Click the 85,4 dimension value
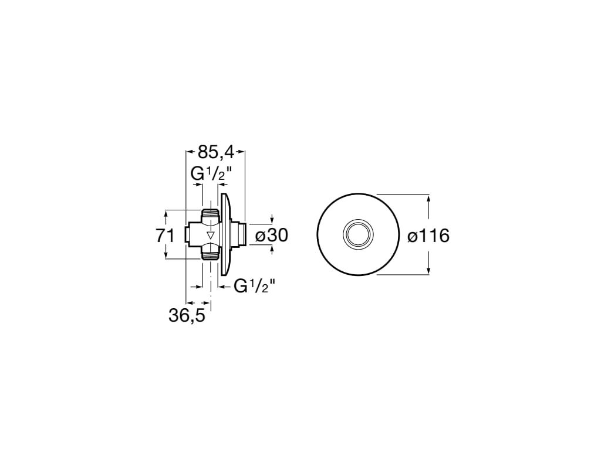tap(216, 153)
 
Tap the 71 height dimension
tap(165, 236)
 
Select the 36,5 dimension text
tap(187, 316)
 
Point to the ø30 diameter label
tap(271, 236)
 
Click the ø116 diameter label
tap(428, 236)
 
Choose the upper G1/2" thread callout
tap(212, 174)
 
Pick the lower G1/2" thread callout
tap(255, 286)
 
